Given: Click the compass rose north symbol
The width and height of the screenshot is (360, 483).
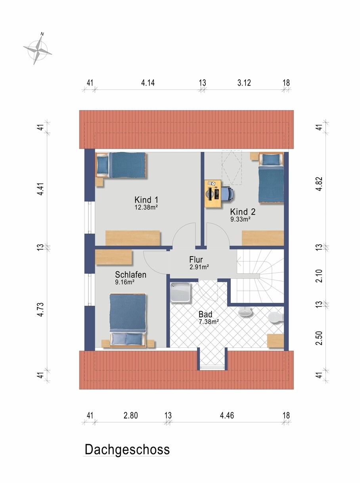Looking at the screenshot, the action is pyautogui.click(x=38, y=50).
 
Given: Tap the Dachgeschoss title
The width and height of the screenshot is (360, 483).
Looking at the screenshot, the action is pyautogui.click(x=127, y=450).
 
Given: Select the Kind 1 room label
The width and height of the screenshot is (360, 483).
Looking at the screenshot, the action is pyautogui.click(x=146, y=200).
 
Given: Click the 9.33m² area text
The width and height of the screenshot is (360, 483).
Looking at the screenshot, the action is pyautogui.click(x=240, y=219).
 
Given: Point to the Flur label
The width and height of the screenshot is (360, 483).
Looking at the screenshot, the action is pyautogui.click(x=196, y=260).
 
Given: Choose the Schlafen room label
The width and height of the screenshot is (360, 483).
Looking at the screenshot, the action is pyautogui.click(x=130, y=275).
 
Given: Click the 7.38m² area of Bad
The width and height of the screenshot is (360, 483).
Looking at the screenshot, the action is pyautogui.click(x=209, y=322).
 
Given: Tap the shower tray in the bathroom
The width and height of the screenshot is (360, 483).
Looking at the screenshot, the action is pyautogui.click(x=180, y=292).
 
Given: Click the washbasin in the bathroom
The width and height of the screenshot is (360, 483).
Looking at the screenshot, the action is pyautogui.click(x=245, y=312).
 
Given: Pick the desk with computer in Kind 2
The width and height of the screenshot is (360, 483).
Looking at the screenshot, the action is pyautogui.click(x=213, y=194).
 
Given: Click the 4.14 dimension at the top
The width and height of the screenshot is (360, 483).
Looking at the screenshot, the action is pyautogui.click(x=148, y=83).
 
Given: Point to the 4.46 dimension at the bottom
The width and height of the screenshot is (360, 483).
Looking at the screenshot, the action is pyautogui.click(x=227, y=416).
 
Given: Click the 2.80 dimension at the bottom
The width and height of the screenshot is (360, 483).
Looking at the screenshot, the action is pyautogui.click(x=130, y=416).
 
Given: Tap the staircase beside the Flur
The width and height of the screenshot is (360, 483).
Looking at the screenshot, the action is pyautogui.click(x=260, y=276).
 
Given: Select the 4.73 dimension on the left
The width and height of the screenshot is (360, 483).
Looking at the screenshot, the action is pyautogui.click(x=41, y=310).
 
